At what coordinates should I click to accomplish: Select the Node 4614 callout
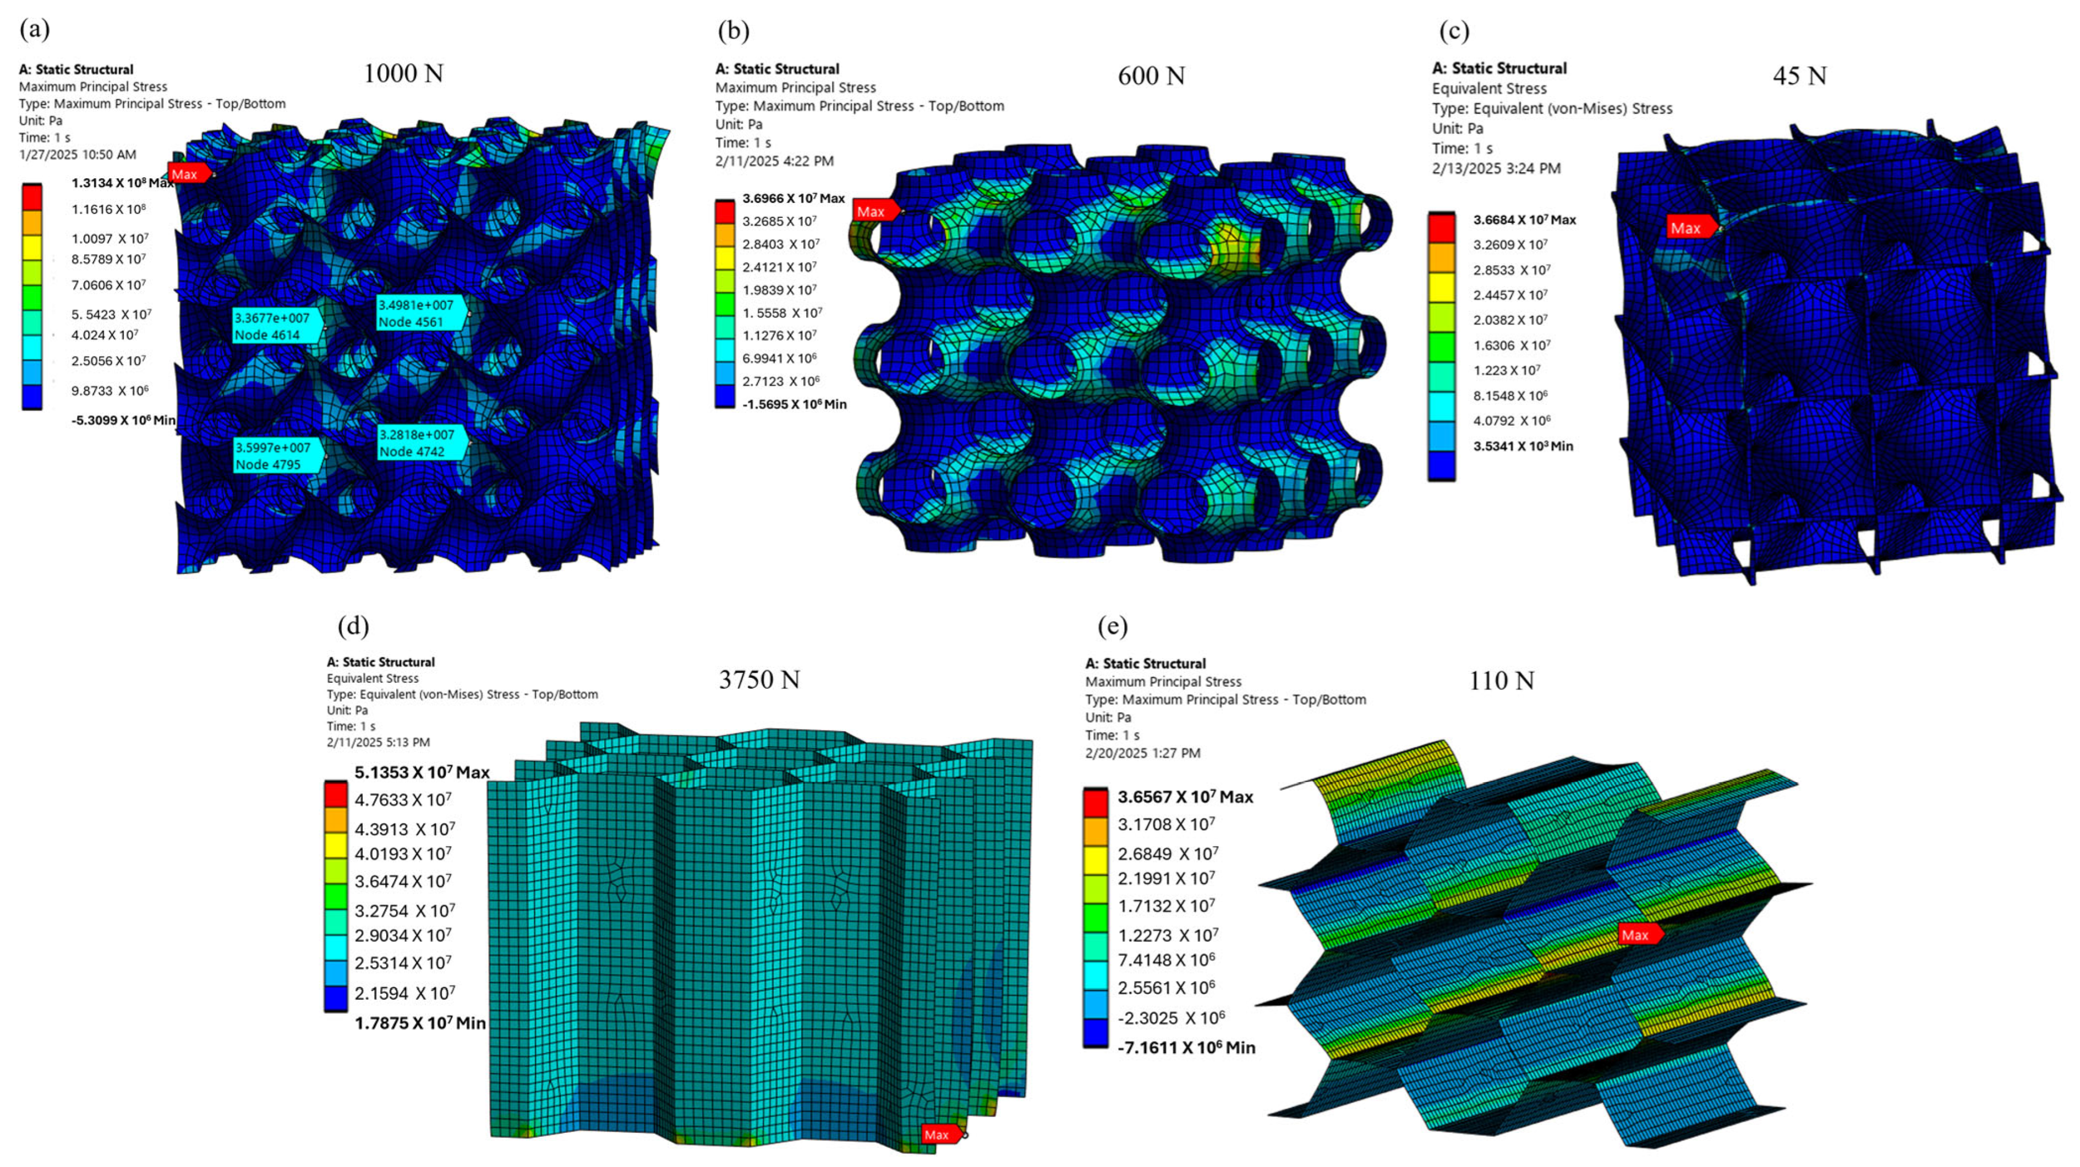tap(277, 326)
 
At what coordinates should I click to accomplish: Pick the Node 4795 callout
tap(278, 456)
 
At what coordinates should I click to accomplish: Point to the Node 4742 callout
tap(422, 442)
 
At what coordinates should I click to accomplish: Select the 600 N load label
tap(1151, 76)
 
